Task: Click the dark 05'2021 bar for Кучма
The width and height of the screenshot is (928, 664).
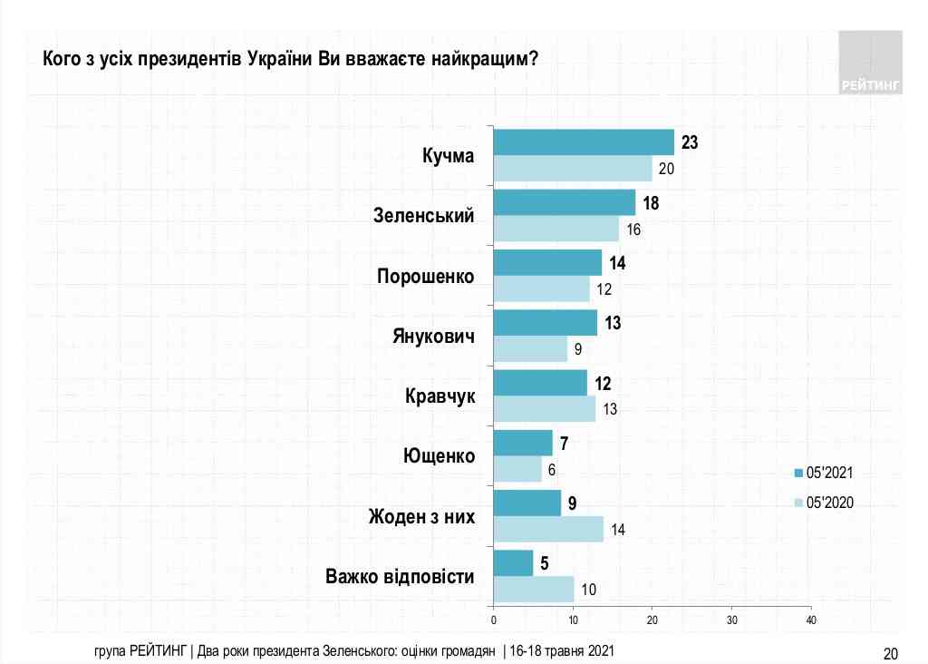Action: (x=584, y=142)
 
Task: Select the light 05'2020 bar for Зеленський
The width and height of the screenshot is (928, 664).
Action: (x=556, y=229)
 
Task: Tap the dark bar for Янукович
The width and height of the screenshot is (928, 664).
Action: (x=545, y=323)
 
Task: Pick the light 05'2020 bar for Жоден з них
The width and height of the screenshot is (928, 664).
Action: (x=548, y=529)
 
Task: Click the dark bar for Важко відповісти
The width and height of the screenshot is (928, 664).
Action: (x=513, y=562)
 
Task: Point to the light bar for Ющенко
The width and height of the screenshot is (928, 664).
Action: (x=517, y=469)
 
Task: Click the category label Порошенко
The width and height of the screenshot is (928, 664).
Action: (x=426, y=277)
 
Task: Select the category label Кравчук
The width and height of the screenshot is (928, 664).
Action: (x=440, y=395)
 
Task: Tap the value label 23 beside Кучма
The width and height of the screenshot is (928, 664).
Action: (x=690, y=142)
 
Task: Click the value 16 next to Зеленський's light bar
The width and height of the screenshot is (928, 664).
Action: (x=633, y=229)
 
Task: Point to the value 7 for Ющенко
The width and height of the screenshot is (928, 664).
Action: (x=564, y=443)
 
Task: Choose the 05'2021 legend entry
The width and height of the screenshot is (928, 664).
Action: (x=823, y=473)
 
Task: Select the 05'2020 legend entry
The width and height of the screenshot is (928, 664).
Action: (x=823, y=503)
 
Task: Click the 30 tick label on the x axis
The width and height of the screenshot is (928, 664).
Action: (x=731, y=620)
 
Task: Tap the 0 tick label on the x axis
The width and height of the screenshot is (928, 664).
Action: (x=494, y=620)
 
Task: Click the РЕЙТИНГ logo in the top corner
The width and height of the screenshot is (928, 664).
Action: (x=870, y=63)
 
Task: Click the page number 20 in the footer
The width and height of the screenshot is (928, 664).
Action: (x=890, y=653)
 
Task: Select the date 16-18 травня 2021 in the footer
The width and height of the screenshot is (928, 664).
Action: (x=562, y=650)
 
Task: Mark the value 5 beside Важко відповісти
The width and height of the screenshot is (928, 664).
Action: (x=545, y=562)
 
